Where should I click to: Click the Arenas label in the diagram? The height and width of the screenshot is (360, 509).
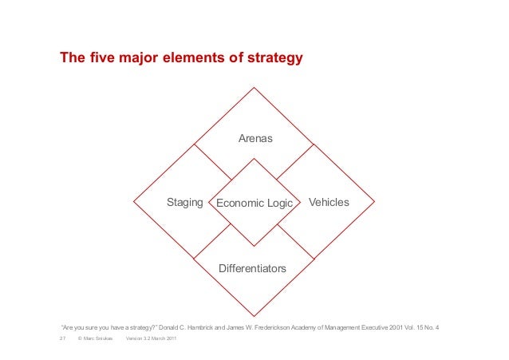[x=255, y=139]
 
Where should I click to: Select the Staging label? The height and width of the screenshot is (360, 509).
[x=184, y=203]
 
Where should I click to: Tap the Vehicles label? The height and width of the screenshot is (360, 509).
[x=329, y=203]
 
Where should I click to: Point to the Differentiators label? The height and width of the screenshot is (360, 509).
[x=252, y=269]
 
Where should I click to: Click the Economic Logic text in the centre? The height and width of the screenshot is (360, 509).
[x=254, y=204]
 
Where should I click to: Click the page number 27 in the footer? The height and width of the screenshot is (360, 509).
[x=62, y=341]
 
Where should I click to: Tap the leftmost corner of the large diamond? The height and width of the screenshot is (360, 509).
[x=134, y=201]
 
